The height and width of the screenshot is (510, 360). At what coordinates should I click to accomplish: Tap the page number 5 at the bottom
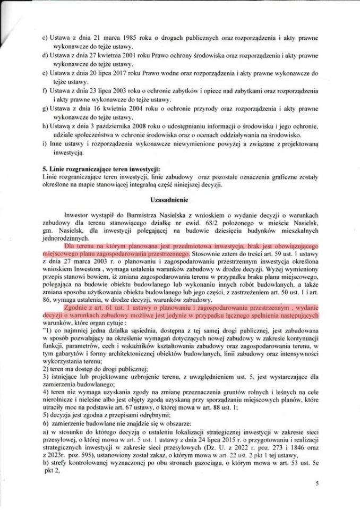click(x=316, y=484)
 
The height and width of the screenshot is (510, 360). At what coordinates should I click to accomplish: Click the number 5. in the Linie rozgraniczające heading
click(x=45, y=169)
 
